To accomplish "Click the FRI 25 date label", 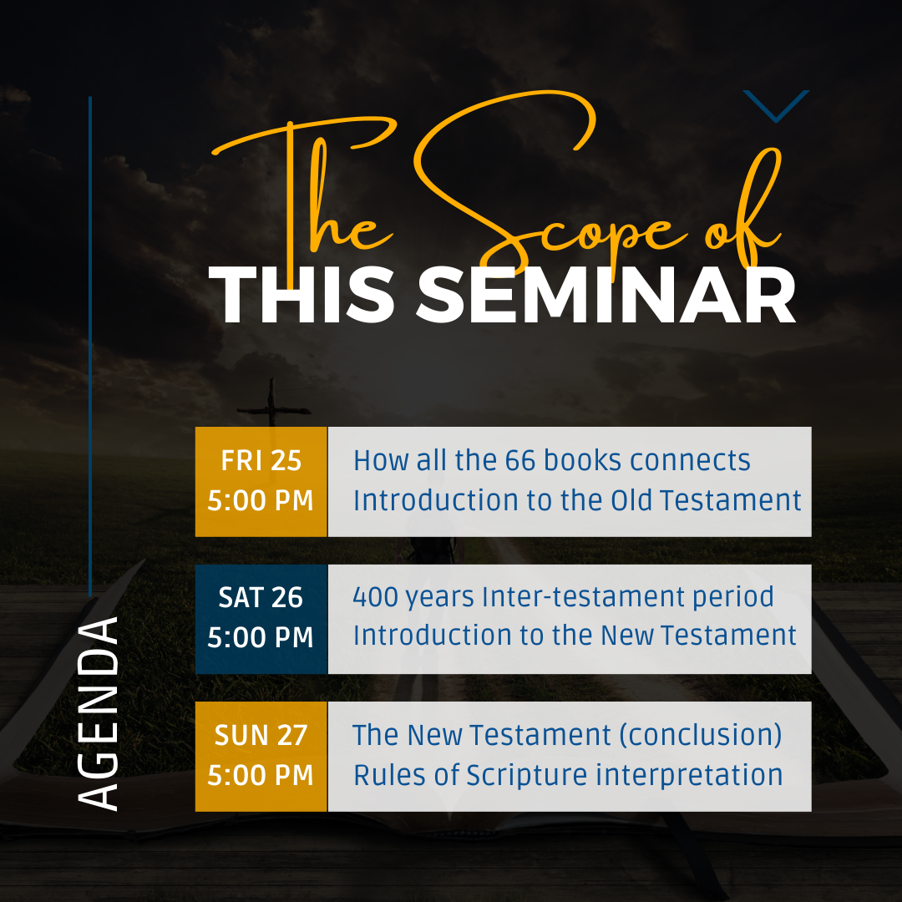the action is (261, 461).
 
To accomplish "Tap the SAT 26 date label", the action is (261, 598).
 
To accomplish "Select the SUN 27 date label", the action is (261, 735).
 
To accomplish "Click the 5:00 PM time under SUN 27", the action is (261, 775).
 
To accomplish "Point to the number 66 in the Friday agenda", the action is (520, 461).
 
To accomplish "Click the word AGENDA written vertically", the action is (98, 714).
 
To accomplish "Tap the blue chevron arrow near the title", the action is (776, 106).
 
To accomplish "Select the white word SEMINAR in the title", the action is (606, 296).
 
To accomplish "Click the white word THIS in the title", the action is (302, 296).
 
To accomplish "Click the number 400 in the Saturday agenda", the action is (375, 597).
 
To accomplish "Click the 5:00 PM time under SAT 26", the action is (261, 637).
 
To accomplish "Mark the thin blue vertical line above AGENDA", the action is (90, 347).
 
